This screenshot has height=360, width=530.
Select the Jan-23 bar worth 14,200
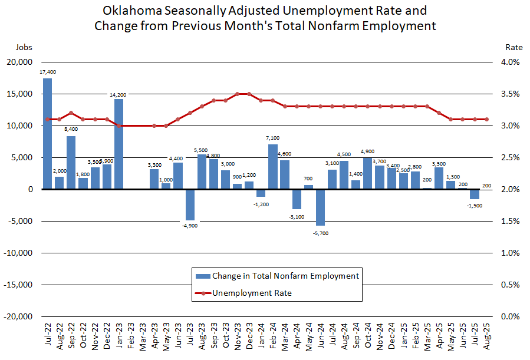click(x=118, y=144)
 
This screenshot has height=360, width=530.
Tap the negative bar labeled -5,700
click(x=320, y=207)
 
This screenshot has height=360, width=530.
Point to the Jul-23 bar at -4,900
click(x=190, y=204)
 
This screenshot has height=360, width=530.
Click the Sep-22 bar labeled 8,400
click(x=71, y=163)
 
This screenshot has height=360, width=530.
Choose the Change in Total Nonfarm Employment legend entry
click(x=285, y=275)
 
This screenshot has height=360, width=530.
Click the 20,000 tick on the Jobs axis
click(x=20, y=62)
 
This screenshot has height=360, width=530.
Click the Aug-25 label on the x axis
click(x=486, y=336)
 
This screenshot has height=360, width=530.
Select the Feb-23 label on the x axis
click(x=130, y=336)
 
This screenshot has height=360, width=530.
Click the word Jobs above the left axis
click(x=24, y=47)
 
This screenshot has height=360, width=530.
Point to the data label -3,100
click(x=297, y=217)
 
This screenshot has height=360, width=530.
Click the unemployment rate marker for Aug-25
click(x=486, y=119)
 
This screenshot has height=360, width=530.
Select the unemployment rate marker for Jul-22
click(x=47, y=119)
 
